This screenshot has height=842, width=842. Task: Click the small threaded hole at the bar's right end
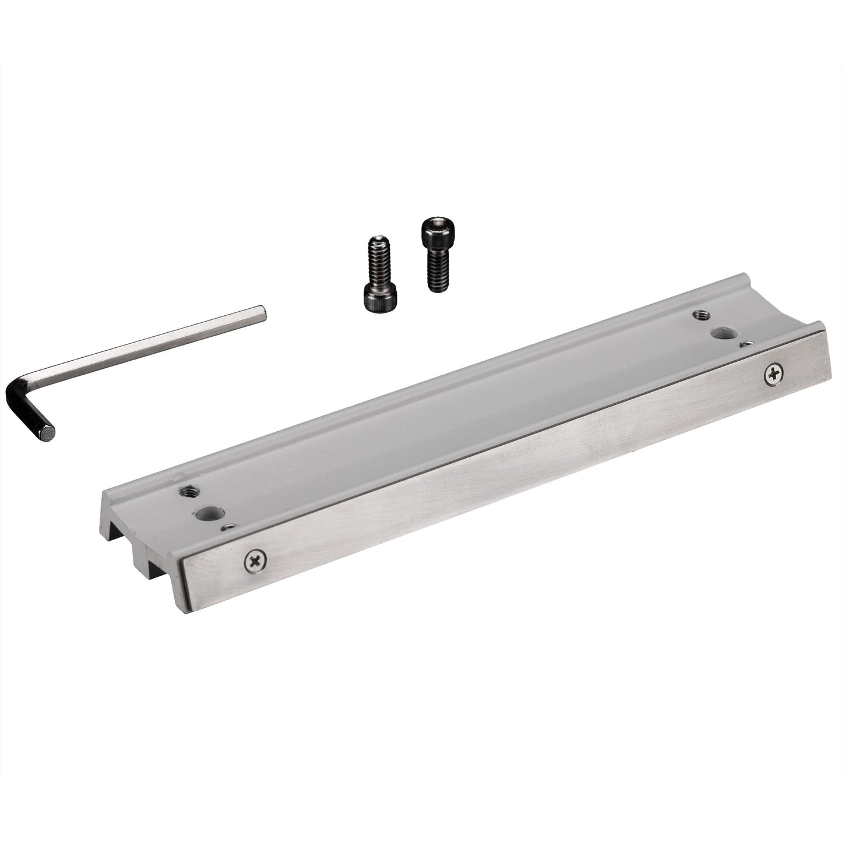pos(700,315)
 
